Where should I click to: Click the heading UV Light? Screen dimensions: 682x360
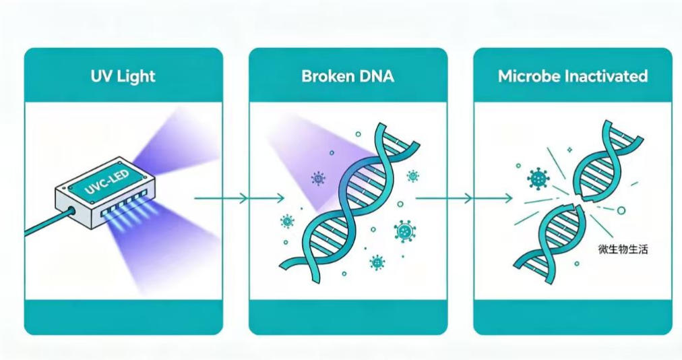(123, 76)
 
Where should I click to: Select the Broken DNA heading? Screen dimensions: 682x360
(348, 76)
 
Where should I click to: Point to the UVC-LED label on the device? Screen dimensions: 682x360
(106, 183)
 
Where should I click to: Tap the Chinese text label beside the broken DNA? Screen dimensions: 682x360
(623, 249)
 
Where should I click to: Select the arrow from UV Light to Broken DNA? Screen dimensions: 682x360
(239, 198)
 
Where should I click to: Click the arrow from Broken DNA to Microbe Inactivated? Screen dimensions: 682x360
(464, 198)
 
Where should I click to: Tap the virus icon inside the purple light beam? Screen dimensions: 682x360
(318, 178)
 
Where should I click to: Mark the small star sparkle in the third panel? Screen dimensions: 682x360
(569, 150)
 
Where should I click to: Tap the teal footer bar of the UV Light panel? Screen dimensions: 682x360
(123, 317)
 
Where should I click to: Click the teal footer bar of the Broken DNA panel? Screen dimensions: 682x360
(348, 317)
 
